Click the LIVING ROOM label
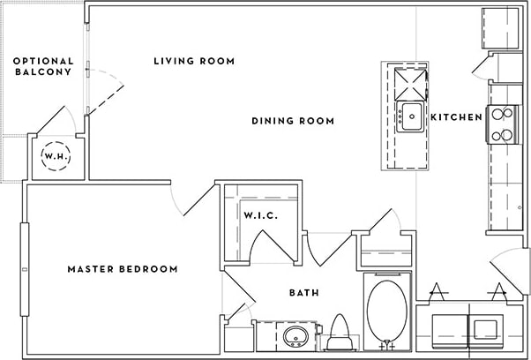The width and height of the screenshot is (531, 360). pos(194,61)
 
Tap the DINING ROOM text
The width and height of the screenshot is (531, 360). pos(293,121)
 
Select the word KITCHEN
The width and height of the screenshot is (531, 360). pos(456,117)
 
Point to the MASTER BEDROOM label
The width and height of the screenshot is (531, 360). pos(123,269)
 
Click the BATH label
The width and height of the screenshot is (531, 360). pos(304,293)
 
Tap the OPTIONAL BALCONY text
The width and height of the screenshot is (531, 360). pos(42,66)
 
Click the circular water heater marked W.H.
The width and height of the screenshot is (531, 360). pos(57,157)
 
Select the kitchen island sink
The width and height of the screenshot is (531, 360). pos(410,116)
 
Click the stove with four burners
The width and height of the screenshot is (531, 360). pos(502,124)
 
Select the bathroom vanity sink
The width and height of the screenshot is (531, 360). pos(294,336)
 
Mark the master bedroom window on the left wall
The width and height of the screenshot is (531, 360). pos(25,248)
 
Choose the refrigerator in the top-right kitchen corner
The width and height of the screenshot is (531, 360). pos(502,30)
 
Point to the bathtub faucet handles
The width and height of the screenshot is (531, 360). pos(385,346)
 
